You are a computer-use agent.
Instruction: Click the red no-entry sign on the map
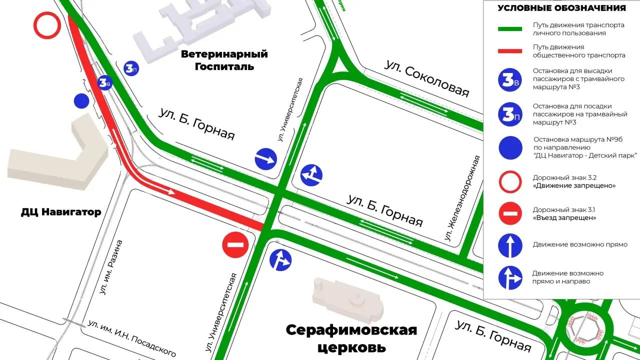tap(235, 245)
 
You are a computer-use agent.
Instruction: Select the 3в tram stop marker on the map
tap(105, 82)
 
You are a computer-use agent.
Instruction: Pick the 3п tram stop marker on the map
tap(131, 68)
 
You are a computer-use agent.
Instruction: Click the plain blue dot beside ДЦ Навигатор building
tap(81, 101)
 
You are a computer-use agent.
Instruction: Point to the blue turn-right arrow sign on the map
tap(266, 159)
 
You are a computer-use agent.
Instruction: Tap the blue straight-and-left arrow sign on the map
tap(311, 175)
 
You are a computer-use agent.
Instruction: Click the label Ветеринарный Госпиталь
tap(224, 60)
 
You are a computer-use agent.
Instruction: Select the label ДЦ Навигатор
tap(61, 212)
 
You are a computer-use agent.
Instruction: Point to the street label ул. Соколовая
tap(427, 79)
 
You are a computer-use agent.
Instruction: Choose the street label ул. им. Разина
tap(111, 267)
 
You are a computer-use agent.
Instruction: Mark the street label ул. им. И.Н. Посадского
tap(132, 338)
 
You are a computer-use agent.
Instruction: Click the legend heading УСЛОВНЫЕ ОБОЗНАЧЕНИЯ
tap(561, 8)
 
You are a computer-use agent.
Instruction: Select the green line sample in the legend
tap(510, 29)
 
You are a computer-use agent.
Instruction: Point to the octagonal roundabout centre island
tap(583, 328)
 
